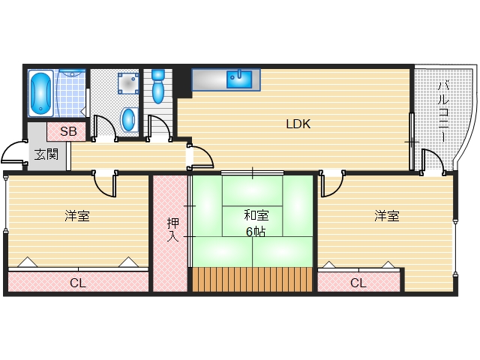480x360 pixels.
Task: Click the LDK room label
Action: [x=298, y=124]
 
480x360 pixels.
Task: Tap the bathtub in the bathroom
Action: [x=40, y=93]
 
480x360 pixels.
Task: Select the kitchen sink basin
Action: [x=239, y=77]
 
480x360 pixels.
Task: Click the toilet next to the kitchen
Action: [x=157, y=88]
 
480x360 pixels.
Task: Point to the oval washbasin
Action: [x=129, y=118]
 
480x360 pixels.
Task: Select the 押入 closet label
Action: [x=172, y=229]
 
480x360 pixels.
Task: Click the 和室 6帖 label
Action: [x=252, y=223]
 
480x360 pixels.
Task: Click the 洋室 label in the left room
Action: [x=76, y=217]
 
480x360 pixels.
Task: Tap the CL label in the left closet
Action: [x=77, y=283]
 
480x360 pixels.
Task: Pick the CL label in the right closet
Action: [x=358, y=283]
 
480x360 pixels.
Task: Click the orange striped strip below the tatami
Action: [x=251, y=279]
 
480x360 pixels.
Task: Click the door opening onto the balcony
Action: [x=431, y=160]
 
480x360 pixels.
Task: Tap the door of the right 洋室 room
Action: [x=332, y=182]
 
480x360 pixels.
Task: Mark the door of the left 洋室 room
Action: [x=104, y=182]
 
